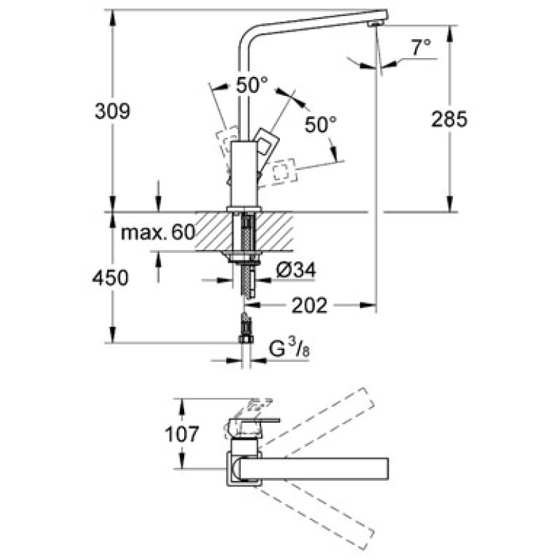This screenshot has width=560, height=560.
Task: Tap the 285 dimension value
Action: (x=449, y=120)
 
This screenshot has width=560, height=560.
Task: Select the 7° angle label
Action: (x=421, y=48)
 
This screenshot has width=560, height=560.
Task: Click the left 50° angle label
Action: (x=251, y=86)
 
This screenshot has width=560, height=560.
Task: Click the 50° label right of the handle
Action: (x=321, y=125)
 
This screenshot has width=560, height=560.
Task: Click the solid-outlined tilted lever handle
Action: (x=265, y=143)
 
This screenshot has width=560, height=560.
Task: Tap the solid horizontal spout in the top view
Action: (x=315, y=468)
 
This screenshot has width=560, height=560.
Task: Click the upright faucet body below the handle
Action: (x=245, y=171)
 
